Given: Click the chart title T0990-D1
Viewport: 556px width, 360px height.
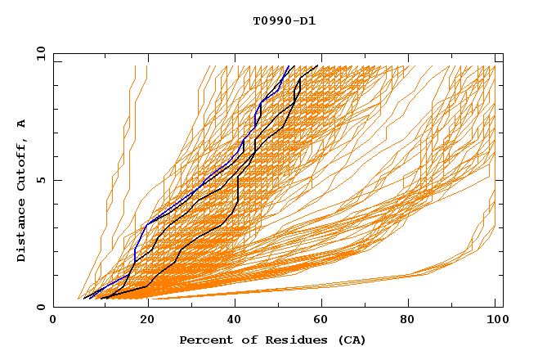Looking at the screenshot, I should click(x=284, y=21).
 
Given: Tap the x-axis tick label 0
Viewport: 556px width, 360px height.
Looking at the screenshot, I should click(x=53, y=321).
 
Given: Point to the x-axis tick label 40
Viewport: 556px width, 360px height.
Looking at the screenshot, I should click(x=235, y=321).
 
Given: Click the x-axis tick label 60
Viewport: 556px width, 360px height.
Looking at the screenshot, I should click(x=324, y=321).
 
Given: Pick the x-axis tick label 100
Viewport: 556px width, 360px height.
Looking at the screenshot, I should click(x=495, y=321).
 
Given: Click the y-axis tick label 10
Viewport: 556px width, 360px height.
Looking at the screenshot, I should click(x=38, y=53).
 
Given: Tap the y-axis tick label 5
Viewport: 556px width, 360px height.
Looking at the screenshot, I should click(x=42, y=180).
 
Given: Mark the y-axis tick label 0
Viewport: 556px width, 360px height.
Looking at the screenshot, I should click(x=42, y=307).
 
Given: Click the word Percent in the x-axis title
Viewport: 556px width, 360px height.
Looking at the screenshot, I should click(x=204, y=340).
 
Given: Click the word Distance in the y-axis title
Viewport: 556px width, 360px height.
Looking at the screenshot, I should click(x=22, y=232).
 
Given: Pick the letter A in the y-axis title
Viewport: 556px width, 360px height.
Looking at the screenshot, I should click(x=22, y=123).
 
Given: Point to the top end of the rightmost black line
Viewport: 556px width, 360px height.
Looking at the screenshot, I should click(x=318, y=65).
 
